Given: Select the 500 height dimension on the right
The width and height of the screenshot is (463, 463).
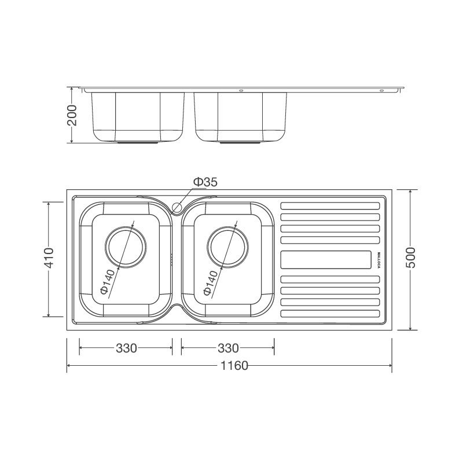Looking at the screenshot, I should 410,258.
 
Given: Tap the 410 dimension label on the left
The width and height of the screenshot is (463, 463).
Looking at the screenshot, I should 49,258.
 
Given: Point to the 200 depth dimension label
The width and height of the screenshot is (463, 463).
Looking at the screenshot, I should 72,116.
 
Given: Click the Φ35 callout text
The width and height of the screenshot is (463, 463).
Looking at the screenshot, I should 205,182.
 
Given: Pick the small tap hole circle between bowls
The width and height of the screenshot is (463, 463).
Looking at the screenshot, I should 178,205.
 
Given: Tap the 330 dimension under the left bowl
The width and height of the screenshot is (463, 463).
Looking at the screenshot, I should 126,348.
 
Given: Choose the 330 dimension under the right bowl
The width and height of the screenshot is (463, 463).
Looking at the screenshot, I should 228,348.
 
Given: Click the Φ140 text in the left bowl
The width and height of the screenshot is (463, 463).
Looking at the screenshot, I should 106,282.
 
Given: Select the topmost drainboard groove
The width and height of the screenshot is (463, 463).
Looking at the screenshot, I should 330,205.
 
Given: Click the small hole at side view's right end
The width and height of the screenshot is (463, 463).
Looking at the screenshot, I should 381,91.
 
